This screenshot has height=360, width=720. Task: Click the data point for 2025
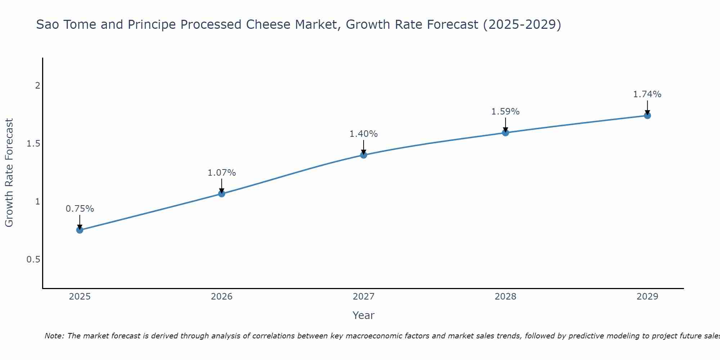(x=80, y=230)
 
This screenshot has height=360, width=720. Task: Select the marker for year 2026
(x=222, y=194)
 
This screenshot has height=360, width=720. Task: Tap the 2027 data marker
(x=364, y=155)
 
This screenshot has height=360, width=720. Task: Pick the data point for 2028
(x=505, y=133)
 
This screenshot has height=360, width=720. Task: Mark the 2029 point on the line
(x=647, y=116)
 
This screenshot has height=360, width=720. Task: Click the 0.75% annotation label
(x=80, y=209)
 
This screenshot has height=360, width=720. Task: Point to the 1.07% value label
(x=222, y=173)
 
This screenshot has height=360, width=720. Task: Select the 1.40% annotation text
(x=364, y=134)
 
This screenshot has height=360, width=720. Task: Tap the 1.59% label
(x=505, y=112)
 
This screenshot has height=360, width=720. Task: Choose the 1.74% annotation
(x=647, y=94)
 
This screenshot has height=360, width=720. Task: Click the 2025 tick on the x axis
(x=80, y=297)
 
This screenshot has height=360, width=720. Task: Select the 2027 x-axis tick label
(x=364, y=297)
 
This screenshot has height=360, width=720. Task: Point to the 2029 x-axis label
(x=647, y=297)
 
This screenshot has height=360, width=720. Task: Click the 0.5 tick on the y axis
(x=33, y=260)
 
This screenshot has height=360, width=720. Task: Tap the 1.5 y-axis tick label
(x=33, y=144)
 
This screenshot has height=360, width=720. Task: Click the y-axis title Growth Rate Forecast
(x=9, y=173)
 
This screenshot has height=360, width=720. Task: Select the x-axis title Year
(x=364, y=315)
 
